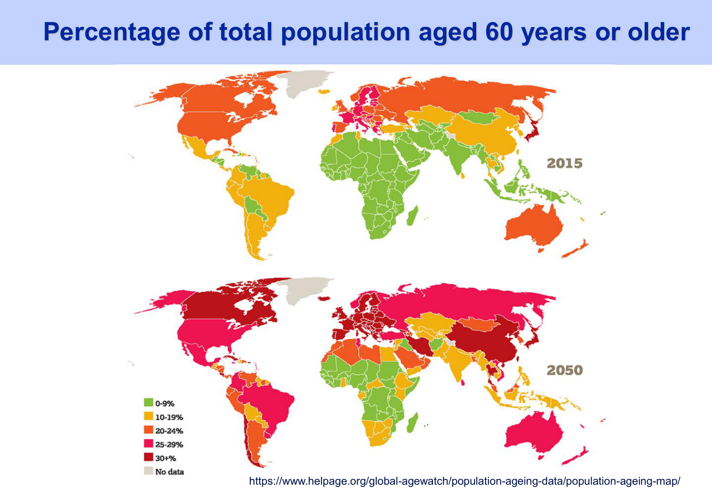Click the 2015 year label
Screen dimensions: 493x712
pyautogui.click(x=564, y=163)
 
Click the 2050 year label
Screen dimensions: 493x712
pyautogui.click(x=564, y=370)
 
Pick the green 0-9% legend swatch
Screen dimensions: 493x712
pyautogui.click(x=149, y=402)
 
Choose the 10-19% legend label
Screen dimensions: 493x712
pyautogui.click(x=169, y=417)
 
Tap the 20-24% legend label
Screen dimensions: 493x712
pyautogui.click(x=169, y=431)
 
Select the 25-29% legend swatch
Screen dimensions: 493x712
pyautogui.click(x=149, y=443)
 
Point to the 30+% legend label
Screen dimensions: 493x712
pyautogui.click(x=166, y=458)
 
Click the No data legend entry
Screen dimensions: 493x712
pyautogui.click(x=169, y=472)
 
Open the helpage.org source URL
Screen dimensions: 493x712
pyautogui.click(x=464, y=481)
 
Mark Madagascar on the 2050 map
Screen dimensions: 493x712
pyautogui.click(x=411, y=423)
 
